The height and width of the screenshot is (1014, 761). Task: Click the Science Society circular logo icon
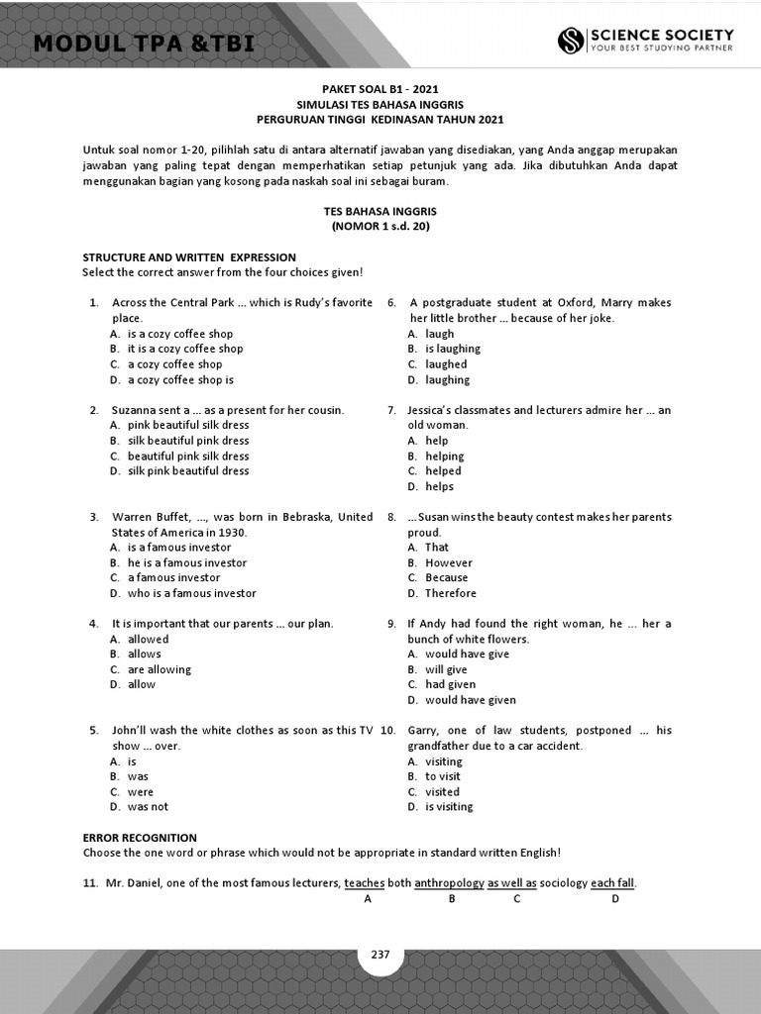[571, 41]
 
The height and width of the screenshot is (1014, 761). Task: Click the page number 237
[380, 955]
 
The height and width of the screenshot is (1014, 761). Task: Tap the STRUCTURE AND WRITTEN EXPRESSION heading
[189, 257]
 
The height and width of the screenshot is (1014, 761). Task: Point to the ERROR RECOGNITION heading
[140, 838]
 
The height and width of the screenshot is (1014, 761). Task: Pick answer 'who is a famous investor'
[191, 593]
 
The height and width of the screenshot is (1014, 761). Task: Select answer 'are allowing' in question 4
[160, 669]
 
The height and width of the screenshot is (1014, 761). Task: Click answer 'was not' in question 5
[148, 807]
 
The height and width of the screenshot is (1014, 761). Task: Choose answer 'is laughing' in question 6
[453, 349]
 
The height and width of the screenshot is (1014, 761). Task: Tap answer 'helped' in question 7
[443, 471]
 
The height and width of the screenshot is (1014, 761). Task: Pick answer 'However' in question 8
[449, 562]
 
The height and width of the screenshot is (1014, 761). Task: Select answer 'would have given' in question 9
[471, 700]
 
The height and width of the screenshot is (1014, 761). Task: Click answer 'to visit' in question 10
[443, 776]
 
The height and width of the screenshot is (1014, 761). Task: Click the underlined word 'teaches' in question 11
[365, 883]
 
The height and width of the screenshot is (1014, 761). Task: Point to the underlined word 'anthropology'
[449, 883]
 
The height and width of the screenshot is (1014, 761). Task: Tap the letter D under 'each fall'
[615, 899]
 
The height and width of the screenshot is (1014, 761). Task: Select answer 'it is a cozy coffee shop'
[185, 349]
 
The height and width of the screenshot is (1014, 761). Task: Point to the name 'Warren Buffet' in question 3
[147, 517]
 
